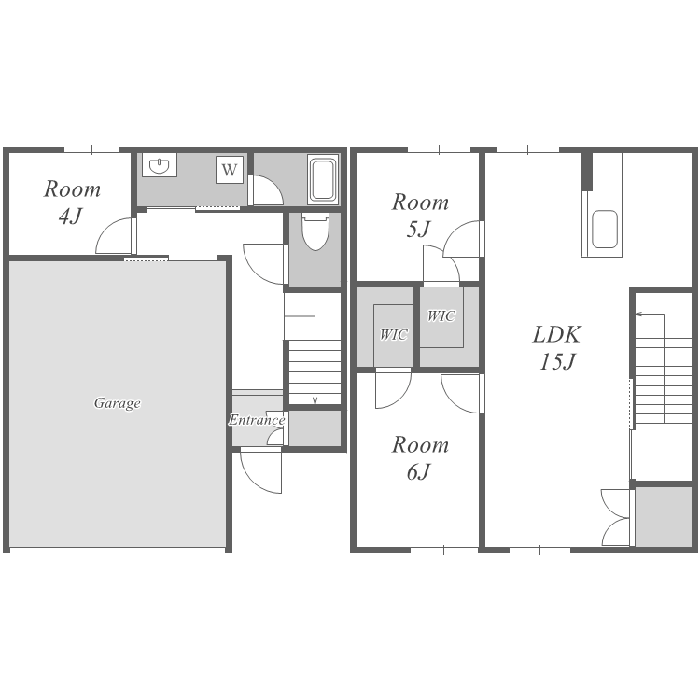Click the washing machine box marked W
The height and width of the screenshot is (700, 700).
(x=230, y=170)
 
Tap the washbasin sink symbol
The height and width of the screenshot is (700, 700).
(x=159, y=165)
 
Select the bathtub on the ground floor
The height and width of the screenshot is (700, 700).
(x=323, y=179)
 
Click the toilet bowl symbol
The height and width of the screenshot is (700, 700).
(x=315, y=231)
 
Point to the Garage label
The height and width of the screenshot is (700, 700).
(x=117, y=403)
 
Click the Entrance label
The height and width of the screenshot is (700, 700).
(x=257, y=420)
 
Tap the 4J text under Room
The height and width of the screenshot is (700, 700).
(x=71, y=217)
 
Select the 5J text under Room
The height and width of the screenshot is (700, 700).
(x=418, y=230)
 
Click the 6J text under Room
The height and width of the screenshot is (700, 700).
(x=418, y=472)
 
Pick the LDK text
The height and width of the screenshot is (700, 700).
(x=556, y=334)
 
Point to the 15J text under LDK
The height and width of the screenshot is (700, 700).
(x=556, y=361)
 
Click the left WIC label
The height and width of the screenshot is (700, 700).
(x=393, y=334)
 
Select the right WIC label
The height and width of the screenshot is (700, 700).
(x=441, y=316)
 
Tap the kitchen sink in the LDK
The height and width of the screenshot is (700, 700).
(x=605, y=229)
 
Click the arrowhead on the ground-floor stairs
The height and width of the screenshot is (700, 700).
(x=315, y=400)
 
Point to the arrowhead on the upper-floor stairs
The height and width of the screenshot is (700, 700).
(x=638, y=314)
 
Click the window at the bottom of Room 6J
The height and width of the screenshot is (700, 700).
(x=444, y=550)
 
